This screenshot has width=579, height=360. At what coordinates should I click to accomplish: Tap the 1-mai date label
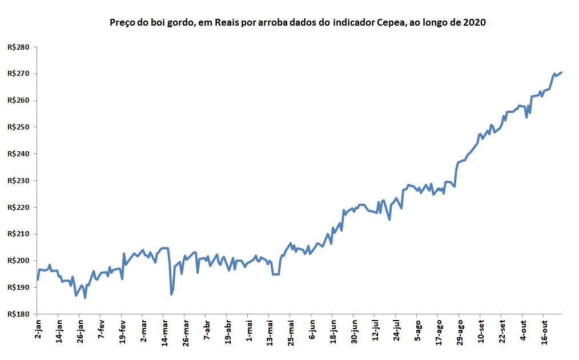(x=249, y=331)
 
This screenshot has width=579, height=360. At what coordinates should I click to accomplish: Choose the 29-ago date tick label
(x=460, y=333)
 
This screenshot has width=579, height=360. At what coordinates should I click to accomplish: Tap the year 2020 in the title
(x=474, y=23)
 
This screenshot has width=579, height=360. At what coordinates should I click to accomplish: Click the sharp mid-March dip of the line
(x=171, y=294)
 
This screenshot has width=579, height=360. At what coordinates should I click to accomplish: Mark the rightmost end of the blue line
(x=562, y=72)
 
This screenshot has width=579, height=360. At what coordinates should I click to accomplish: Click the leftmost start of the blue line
(x=37, y=280)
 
